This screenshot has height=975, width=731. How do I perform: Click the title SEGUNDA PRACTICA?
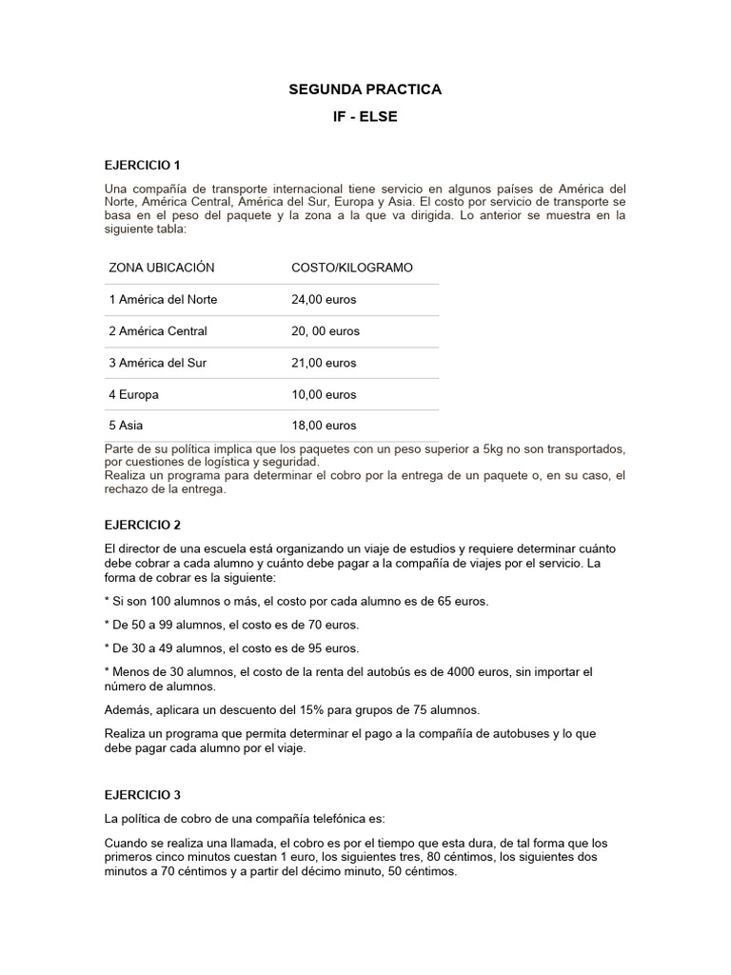coord(365,90)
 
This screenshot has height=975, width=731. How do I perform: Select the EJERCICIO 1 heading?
coord(142,165)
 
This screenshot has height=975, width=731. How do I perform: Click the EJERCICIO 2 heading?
coord(142,525)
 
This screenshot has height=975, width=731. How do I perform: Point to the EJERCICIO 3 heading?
coord(142,794)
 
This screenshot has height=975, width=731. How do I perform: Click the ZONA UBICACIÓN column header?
coord(162,268)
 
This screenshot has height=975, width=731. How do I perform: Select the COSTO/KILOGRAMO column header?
coord(352,268)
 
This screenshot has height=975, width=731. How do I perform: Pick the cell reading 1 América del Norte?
coord(164,299)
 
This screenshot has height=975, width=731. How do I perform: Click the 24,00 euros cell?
coord(324,299)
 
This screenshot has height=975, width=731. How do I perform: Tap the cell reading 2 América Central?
coord(158,331)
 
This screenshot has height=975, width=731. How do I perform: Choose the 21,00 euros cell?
coord(324,363)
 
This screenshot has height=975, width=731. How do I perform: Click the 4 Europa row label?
coord(134,394)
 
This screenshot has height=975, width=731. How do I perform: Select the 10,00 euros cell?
coord(324,394)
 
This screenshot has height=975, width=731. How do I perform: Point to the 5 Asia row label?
coord(127,426)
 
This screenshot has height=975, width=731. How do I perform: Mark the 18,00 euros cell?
coord(324,426)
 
